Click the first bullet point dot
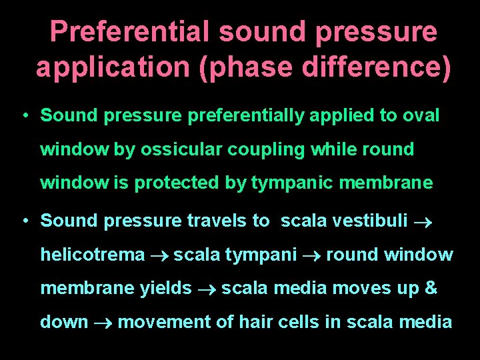(x=23, y=115)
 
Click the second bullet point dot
(x=23, y=221)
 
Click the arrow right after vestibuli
(x=425, y=221)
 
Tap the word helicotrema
(x=92, y=255)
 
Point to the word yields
(x=166, y=288)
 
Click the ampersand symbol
(x=431, y=288)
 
